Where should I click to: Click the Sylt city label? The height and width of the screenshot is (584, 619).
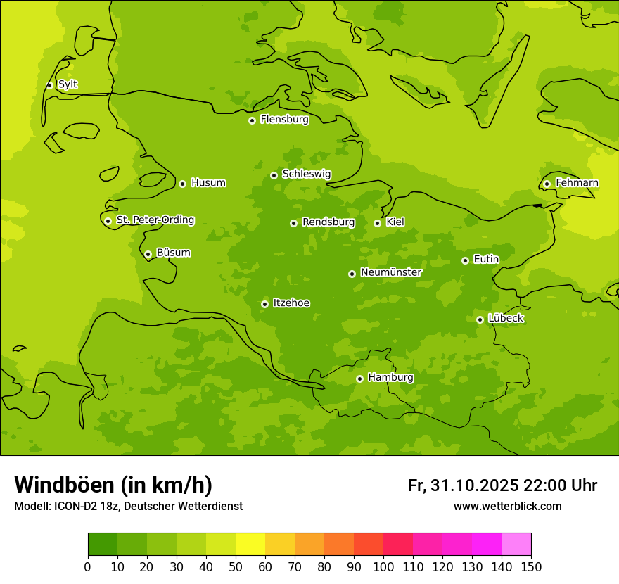(68, 84)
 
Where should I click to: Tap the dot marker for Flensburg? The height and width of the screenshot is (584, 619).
(252, 120)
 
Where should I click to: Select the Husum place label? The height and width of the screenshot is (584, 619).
(208, 183)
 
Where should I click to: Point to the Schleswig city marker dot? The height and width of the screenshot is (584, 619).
(274, 175)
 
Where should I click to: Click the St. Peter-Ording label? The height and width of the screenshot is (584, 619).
(155, 220)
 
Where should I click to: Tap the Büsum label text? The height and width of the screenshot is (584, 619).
(173, 253)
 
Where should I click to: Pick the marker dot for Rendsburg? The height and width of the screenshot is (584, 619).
(293, 223)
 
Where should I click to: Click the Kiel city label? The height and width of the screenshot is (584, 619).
(395, 222)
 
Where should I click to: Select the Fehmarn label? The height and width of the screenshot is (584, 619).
(577, 183)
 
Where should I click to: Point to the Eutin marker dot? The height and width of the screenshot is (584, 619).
(465, 260)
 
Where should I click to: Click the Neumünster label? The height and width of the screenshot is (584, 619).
(391, 272)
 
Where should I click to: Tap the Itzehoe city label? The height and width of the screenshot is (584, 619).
(291, 303)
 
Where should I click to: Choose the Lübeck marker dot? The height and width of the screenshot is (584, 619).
(480, 319)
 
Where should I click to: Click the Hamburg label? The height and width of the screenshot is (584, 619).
(390, 378)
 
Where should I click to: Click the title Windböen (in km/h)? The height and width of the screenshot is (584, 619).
(113, 485)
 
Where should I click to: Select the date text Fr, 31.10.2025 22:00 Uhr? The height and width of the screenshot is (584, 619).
(502, 485)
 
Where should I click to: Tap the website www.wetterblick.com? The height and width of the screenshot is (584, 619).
(507, 506)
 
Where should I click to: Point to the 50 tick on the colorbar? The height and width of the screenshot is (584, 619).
(236, 566)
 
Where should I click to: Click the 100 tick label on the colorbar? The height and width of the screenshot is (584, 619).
(383, 566)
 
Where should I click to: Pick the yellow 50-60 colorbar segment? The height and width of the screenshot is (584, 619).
(250, 545)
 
